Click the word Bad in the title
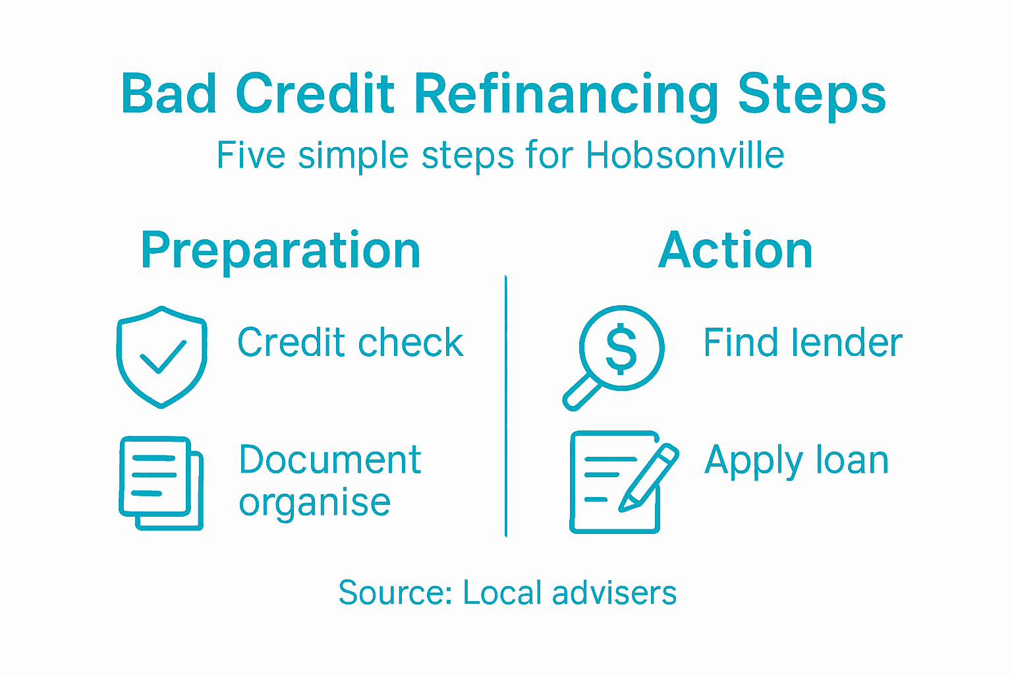[168, 94]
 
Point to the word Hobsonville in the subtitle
[685, 156]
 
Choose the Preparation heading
[281, 250]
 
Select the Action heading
[735, 250]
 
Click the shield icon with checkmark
[161, 356]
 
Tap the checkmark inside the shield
[162, 357]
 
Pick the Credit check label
[351, 343]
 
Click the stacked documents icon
[161, 483]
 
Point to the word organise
[315, 504]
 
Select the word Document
[329, 460]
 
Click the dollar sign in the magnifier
[621, 349]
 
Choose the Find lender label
[802, 343]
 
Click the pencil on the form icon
[649, 478]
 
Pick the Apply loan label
[797, 461]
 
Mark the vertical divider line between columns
[506, 406]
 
